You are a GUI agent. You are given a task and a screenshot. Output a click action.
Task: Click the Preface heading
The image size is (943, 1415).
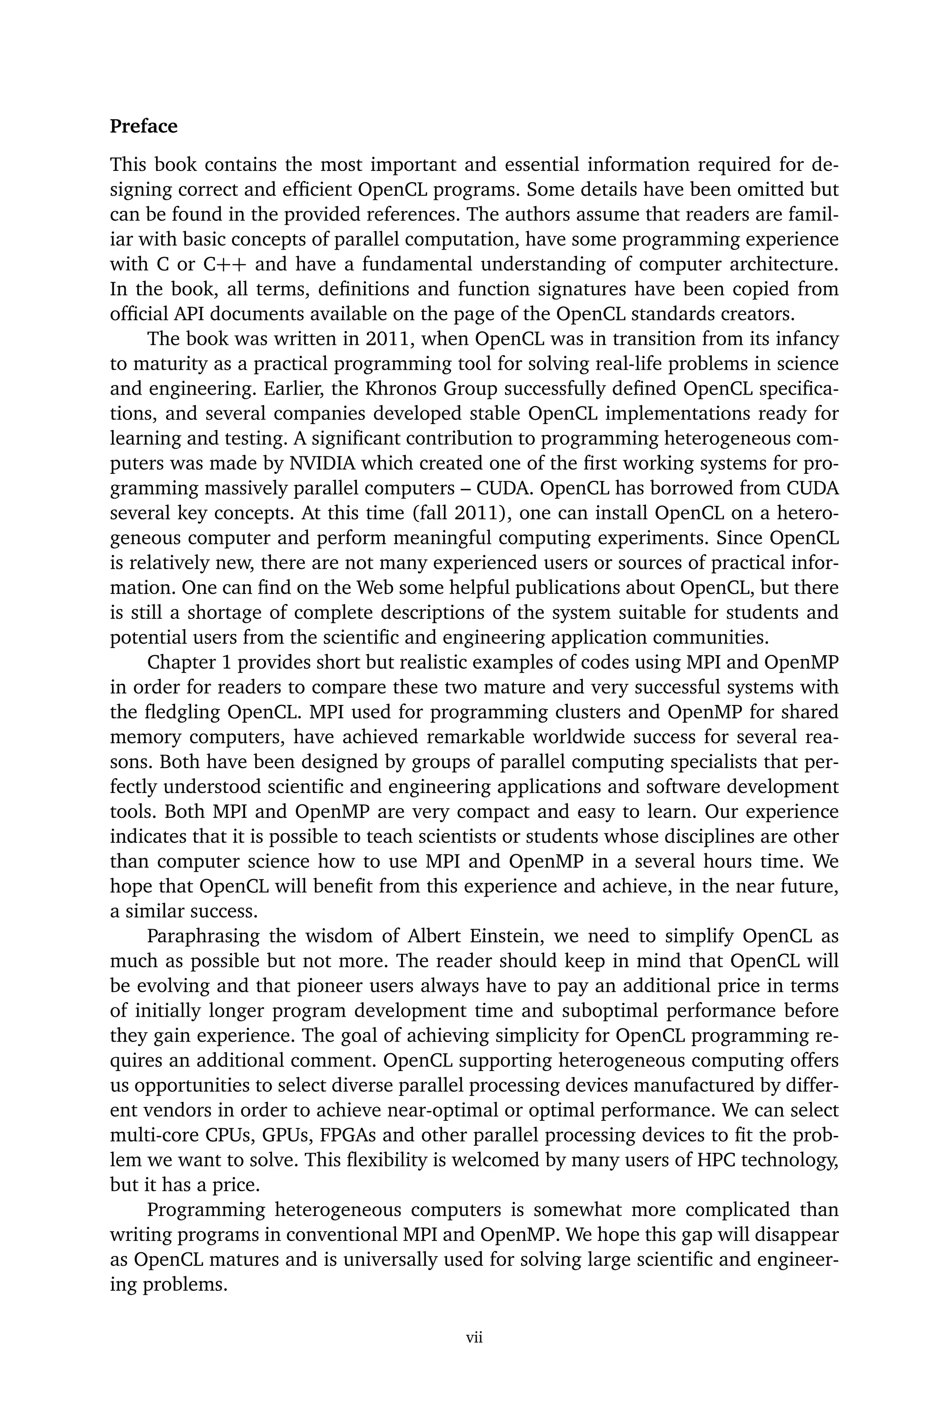(x=144, y=126)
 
